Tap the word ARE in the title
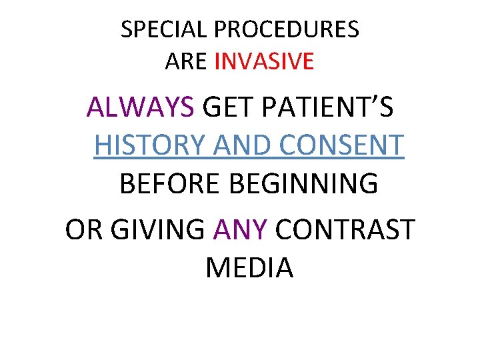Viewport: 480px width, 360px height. point(187,61)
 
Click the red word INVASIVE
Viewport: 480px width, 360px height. point(264,61)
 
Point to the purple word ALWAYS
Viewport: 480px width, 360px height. point(140,107)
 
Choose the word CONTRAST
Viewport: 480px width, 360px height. point(345,230)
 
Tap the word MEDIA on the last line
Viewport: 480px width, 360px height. point(249,268)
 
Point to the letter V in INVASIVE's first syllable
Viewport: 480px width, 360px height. point(247,61)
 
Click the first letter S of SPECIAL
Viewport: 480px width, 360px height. point(127,29)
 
